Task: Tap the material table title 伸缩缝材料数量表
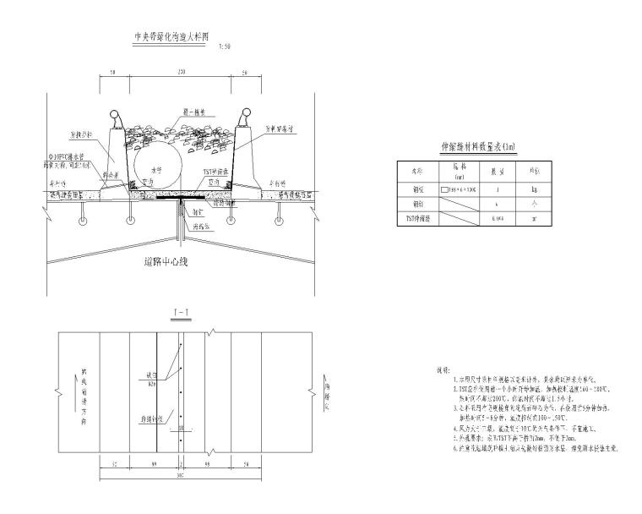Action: click(478, 147)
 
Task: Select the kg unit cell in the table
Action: click(534, 190)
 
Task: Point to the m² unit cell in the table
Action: click(534, 218)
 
